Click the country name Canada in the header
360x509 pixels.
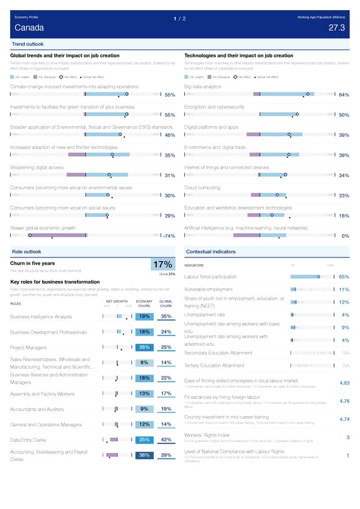(x=29, y=28)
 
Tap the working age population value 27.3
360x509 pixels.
(x=337, y=28)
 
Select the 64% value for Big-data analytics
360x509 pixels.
(x=344, y=95)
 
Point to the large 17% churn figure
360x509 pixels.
(x=163, y=265)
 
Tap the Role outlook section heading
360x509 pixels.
(x=27, y=251)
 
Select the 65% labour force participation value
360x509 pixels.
(x=344, y=277)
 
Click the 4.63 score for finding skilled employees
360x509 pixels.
(x=344, y=383)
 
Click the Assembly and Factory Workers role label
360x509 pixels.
(x=43, y=394)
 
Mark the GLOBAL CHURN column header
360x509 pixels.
(x=166, y=303)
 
